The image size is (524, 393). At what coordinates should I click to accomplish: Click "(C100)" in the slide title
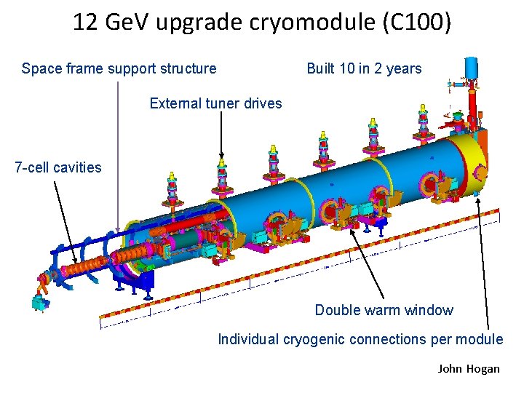tap(421, 23)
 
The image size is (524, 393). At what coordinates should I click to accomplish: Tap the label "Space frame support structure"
tap(119, 69)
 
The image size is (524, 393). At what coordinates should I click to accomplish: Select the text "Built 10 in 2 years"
tap(364, 69)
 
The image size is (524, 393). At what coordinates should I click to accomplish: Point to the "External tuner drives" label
tap(215, 103)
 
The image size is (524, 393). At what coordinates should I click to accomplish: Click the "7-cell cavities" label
tap(58, 167)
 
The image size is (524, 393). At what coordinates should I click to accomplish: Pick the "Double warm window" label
tap(384, 310)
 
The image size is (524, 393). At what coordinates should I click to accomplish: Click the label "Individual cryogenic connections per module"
tap(360, 339)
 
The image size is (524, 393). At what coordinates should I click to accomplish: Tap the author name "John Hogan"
tap(469, 368)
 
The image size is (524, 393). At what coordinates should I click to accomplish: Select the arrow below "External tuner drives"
tap(222, 135)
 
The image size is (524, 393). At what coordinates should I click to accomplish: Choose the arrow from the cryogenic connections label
tap(483, 262)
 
